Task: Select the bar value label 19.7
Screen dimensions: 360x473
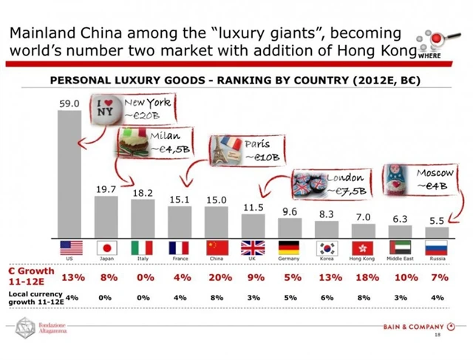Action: [x=106, y=189]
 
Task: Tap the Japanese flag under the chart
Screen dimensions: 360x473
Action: [x=106, y=247]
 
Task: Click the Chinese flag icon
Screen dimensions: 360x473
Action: [x=217, y=247]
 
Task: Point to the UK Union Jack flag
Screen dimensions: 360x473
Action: [x=253, y=247]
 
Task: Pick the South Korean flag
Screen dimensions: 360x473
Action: [x=327, y=247]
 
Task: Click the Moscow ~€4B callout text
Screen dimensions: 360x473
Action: [x=434, y=179]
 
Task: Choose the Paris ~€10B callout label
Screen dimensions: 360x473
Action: [x=259, y=150]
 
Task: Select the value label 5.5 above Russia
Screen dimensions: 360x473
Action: [x=437, y=220]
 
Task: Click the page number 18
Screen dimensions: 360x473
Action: [x=438, y=336]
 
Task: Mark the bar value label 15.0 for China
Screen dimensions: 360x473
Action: [x=217, y=200]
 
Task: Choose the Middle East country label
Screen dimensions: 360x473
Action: [x=400, y=259]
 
